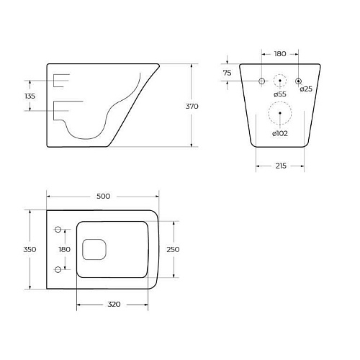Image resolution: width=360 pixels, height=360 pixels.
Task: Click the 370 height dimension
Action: (x=192, y=106)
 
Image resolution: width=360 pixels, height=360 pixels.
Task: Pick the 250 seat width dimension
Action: (x=173, y=249)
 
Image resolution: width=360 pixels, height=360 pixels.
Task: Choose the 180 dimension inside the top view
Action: (x=65, y=249)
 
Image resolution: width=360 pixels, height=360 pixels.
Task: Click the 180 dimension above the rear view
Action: (x=280, y=54)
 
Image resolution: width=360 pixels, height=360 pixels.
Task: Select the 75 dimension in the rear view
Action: (x=227, y=73)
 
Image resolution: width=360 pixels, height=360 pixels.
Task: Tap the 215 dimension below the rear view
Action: (x=280, y=166)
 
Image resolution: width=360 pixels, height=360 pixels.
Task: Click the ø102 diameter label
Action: (x=280, y=133)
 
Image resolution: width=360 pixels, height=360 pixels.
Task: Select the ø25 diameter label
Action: (x=306, y=89)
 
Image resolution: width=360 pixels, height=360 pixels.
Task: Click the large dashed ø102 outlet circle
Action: (x=280, y=113)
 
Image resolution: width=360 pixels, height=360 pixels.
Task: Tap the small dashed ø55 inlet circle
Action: (x=280, y=80)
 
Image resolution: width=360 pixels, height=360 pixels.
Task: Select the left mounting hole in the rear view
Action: (x=261, y=80)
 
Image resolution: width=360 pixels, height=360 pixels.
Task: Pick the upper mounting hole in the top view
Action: (x=57, y=230)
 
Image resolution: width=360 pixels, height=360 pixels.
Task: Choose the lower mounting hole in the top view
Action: (x=57, y=269)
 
